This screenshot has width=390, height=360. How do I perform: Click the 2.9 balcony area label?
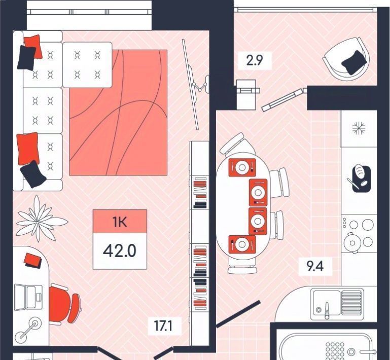(x=255, y=60)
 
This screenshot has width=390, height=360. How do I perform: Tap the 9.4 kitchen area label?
(x=315, y=266)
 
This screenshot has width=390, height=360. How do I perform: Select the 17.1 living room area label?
(x=163, y=326)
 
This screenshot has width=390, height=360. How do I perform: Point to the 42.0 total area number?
(x=120, y=251)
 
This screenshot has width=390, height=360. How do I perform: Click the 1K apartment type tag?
(x=120, y=222)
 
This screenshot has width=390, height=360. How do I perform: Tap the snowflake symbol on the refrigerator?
(x=359, y=128)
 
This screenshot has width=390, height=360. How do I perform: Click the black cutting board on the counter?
(x=362, y=179)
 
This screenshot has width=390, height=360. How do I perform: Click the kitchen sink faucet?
(x=327, y=310)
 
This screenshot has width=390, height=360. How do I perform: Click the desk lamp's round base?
(x=34, y=323)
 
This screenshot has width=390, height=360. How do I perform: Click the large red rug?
(x=118, y=113)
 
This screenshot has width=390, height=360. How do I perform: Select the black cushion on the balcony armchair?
(x=353, y=62)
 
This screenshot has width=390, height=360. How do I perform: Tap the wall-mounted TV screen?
(x=191, y=85)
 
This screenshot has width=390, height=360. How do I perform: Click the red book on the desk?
(x=33, y=260)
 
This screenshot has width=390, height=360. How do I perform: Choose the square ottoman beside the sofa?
(x=87, y=65)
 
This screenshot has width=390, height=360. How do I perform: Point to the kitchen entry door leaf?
(x=238, y=314)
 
